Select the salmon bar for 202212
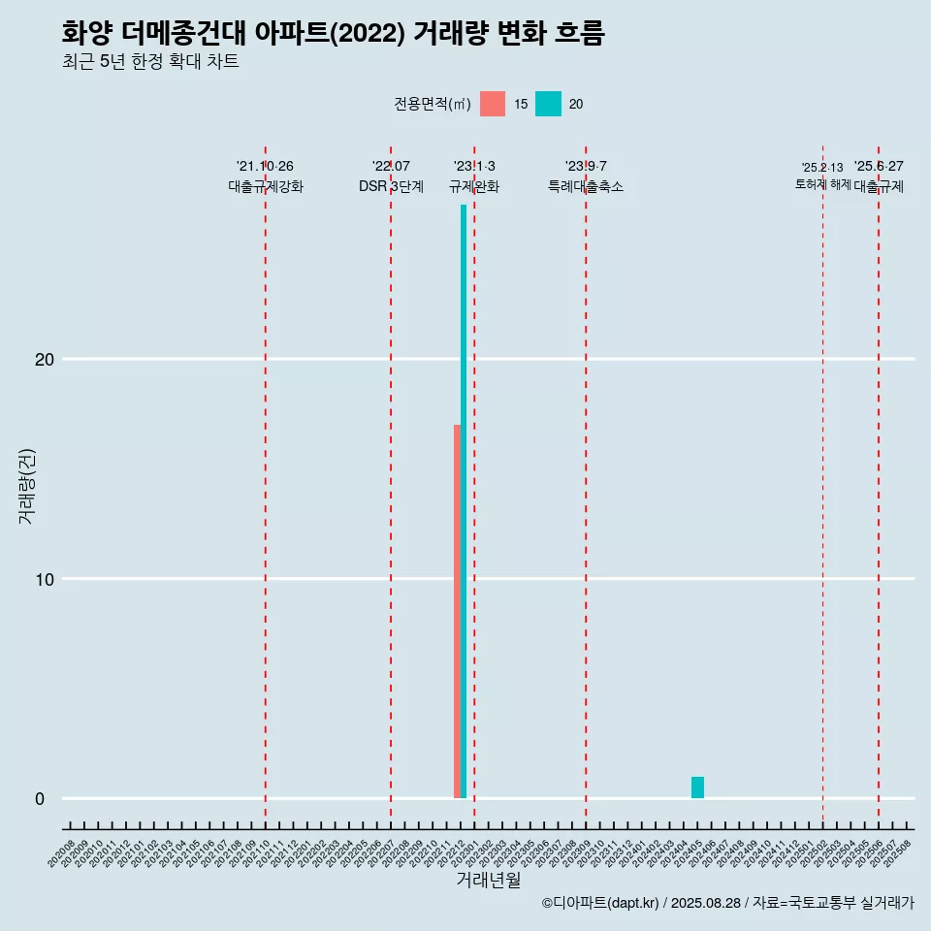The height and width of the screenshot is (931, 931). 457,611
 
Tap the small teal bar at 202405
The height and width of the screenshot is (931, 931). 697,787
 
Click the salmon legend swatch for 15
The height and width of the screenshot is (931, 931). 493,104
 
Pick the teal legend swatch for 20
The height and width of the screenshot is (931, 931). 548,104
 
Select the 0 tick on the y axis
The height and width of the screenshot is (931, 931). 40,799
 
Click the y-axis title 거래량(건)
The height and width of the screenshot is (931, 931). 26,486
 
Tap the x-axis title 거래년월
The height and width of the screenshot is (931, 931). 489,881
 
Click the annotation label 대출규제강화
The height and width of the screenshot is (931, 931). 266,187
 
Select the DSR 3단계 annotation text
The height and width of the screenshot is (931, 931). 391,187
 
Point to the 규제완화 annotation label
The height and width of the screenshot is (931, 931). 474,187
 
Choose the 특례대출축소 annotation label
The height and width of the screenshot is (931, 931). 586,187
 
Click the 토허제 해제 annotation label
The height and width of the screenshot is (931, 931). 822,184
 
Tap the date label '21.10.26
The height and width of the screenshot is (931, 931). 266,166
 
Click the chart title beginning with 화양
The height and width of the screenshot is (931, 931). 333,33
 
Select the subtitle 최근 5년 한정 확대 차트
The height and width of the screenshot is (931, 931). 150,62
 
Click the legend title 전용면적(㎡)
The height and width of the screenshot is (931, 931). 433,104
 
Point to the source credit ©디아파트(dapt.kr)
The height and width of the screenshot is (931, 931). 600,903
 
